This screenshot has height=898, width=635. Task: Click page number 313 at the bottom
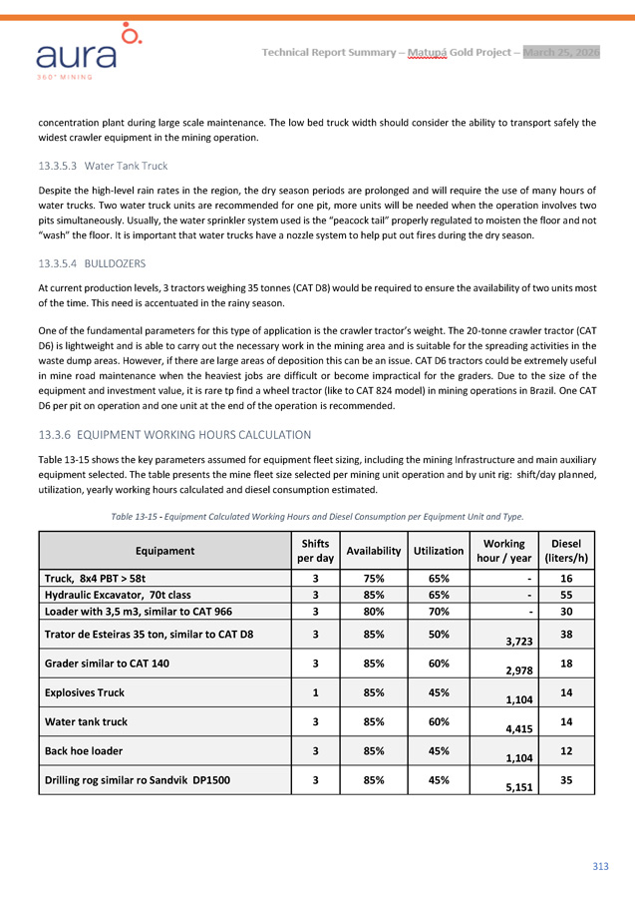[600, 866]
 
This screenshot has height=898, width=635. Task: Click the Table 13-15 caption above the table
[316, 515]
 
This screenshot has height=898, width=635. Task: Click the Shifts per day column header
[315, 550]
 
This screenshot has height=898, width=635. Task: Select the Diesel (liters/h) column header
[566, 550]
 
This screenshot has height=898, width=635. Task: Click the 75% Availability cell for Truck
[373, 577]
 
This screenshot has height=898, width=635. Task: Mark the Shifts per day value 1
[315, 689]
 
